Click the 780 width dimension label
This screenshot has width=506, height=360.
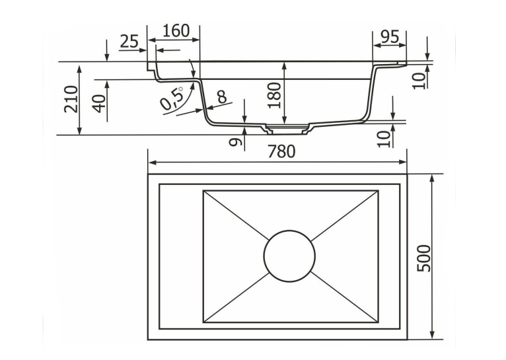(281, 151)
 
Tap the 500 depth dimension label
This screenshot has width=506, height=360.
(423, 258)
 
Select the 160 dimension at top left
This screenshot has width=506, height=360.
(176, 31)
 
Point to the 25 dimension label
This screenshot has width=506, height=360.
(129, 42)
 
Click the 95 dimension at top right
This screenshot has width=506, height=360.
(390, 37)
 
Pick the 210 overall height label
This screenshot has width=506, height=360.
(71, 98)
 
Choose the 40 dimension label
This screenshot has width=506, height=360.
(99, 103)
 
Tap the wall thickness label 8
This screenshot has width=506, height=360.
(222, 96)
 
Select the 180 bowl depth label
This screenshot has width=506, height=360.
(275, 96)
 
